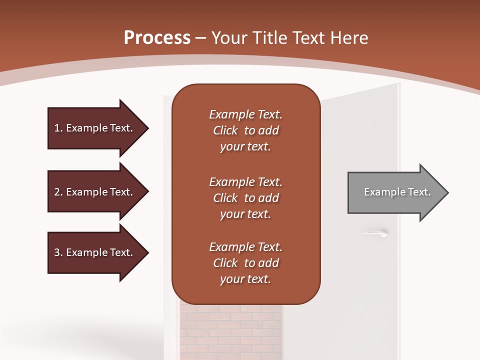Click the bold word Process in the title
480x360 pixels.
pos(157,38)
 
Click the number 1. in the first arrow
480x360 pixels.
pos(58,128)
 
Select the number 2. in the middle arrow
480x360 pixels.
pos(58,192)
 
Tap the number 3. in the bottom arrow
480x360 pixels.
pos(58,252)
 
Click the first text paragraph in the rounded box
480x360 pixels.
pos(245,130)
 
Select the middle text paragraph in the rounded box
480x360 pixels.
pos(245,197)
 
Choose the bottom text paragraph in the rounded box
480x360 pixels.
pos(245,263)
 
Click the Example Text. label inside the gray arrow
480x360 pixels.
pos(397,192)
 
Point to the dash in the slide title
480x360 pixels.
pos(201,38)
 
